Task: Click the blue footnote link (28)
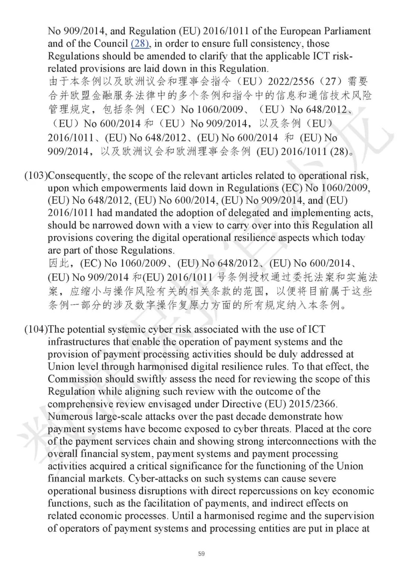[x=140, y=44]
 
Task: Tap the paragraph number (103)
[x=36, y=176]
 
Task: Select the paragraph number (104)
[x=36, y=329]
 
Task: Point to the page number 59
[x=201, y=554]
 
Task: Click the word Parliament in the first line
[x=346, y=31]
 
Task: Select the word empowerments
[x=131, y=188]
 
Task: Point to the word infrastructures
[x=77, y=342]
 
